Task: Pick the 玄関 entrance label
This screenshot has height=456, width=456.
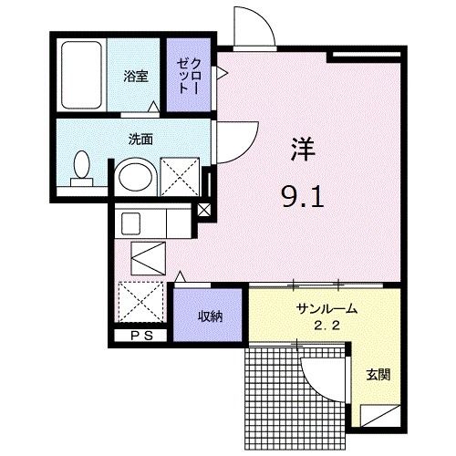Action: (x=378, y=375)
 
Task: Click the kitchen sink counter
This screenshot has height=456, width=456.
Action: (x=151, y=221)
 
